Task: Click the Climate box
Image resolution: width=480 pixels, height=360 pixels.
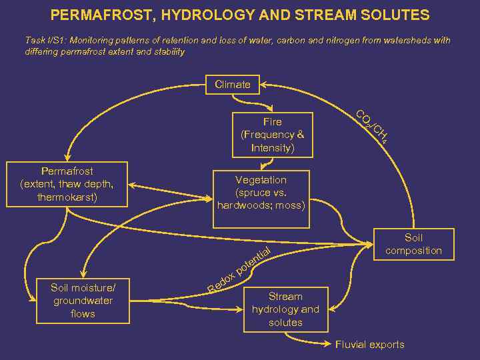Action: pyautogui.click(x=233, y=85)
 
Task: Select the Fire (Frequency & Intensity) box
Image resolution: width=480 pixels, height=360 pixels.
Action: pyautogui.click(x=272, y=135)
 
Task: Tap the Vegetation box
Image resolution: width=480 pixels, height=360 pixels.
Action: pyautogui.click(x=261, y=193)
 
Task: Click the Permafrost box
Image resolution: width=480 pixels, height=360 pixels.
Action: pyautogui.click(x=67, y=185)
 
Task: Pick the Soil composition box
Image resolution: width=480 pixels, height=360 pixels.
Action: pyautogui.click(x=413, y=244)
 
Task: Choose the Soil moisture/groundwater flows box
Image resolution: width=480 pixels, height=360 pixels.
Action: pyautogui.click(x=83, y=301)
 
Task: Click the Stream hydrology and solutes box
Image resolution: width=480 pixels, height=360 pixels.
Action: pyautogui.click(x=285, y=309)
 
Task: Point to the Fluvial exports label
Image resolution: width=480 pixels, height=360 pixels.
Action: pyautogui.click(x=369, y=345)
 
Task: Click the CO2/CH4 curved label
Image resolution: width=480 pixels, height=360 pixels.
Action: pyautogui.click(x=372, y=126)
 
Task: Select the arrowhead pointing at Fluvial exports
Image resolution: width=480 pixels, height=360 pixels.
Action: pyautogui.click(x=327, y=345)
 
